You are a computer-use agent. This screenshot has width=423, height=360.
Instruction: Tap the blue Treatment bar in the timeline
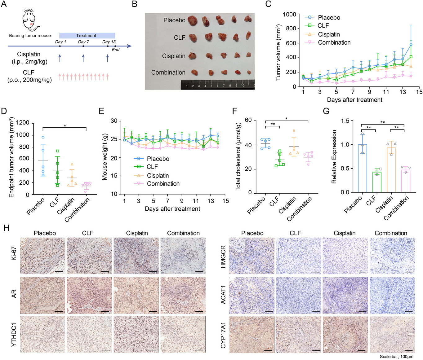point(87,36)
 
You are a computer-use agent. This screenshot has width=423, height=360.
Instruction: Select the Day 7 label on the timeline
point(83,42)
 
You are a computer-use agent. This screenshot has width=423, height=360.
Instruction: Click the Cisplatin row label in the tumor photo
point(174,56)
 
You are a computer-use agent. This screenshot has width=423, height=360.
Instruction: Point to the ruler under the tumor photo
point(217,85)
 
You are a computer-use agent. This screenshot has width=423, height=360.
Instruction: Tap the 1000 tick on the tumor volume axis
point(289,15)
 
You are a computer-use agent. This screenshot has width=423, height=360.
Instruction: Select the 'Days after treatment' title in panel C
point(354,100)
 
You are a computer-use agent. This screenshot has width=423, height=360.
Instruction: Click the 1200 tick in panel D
point(23,123)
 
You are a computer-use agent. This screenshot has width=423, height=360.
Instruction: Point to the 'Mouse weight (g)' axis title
point(105,157)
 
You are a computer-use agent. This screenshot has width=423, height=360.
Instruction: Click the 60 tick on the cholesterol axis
point(248,120)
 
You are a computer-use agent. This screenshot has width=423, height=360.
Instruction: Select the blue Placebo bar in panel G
point(363,169)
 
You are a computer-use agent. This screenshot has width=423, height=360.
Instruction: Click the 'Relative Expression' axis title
point(334,156)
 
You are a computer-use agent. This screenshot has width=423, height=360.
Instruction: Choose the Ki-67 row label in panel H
point(14,253)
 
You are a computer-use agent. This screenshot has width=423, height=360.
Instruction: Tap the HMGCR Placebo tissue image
point(252,256)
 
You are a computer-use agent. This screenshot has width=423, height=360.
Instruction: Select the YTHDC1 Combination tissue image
point(183,334)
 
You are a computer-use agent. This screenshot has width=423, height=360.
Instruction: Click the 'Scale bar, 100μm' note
point(396,357)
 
